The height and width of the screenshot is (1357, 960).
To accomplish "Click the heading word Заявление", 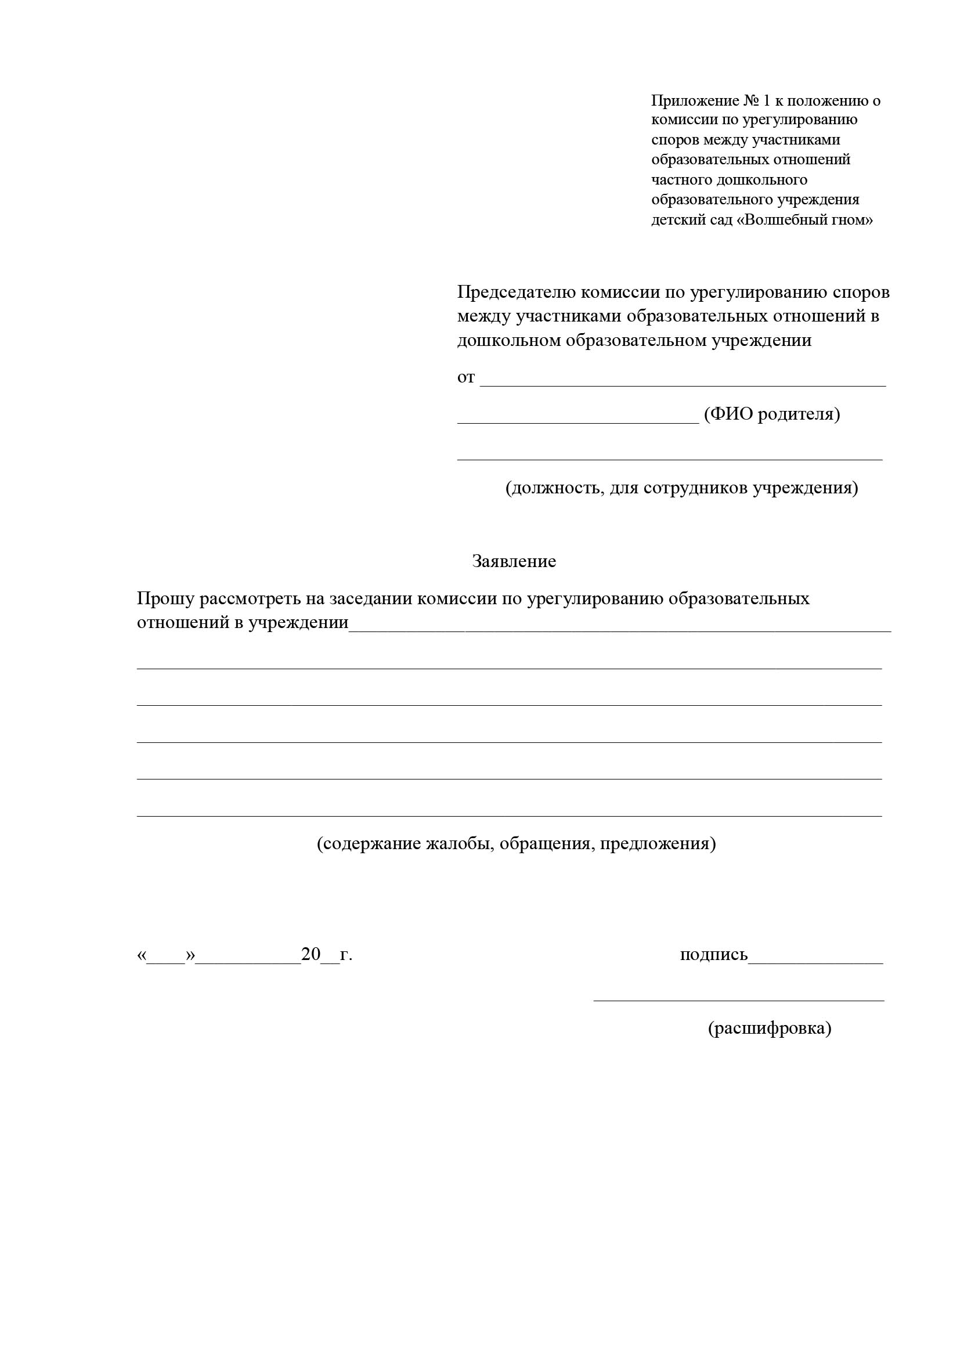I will tap(514, 561).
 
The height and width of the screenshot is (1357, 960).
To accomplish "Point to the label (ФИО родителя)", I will tap(771, 414).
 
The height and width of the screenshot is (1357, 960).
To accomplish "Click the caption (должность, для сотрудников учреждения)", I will tap(681, 488).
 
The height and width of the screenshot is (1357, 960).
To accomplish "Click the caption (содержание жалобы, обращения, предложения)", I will tap(516, 843).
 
